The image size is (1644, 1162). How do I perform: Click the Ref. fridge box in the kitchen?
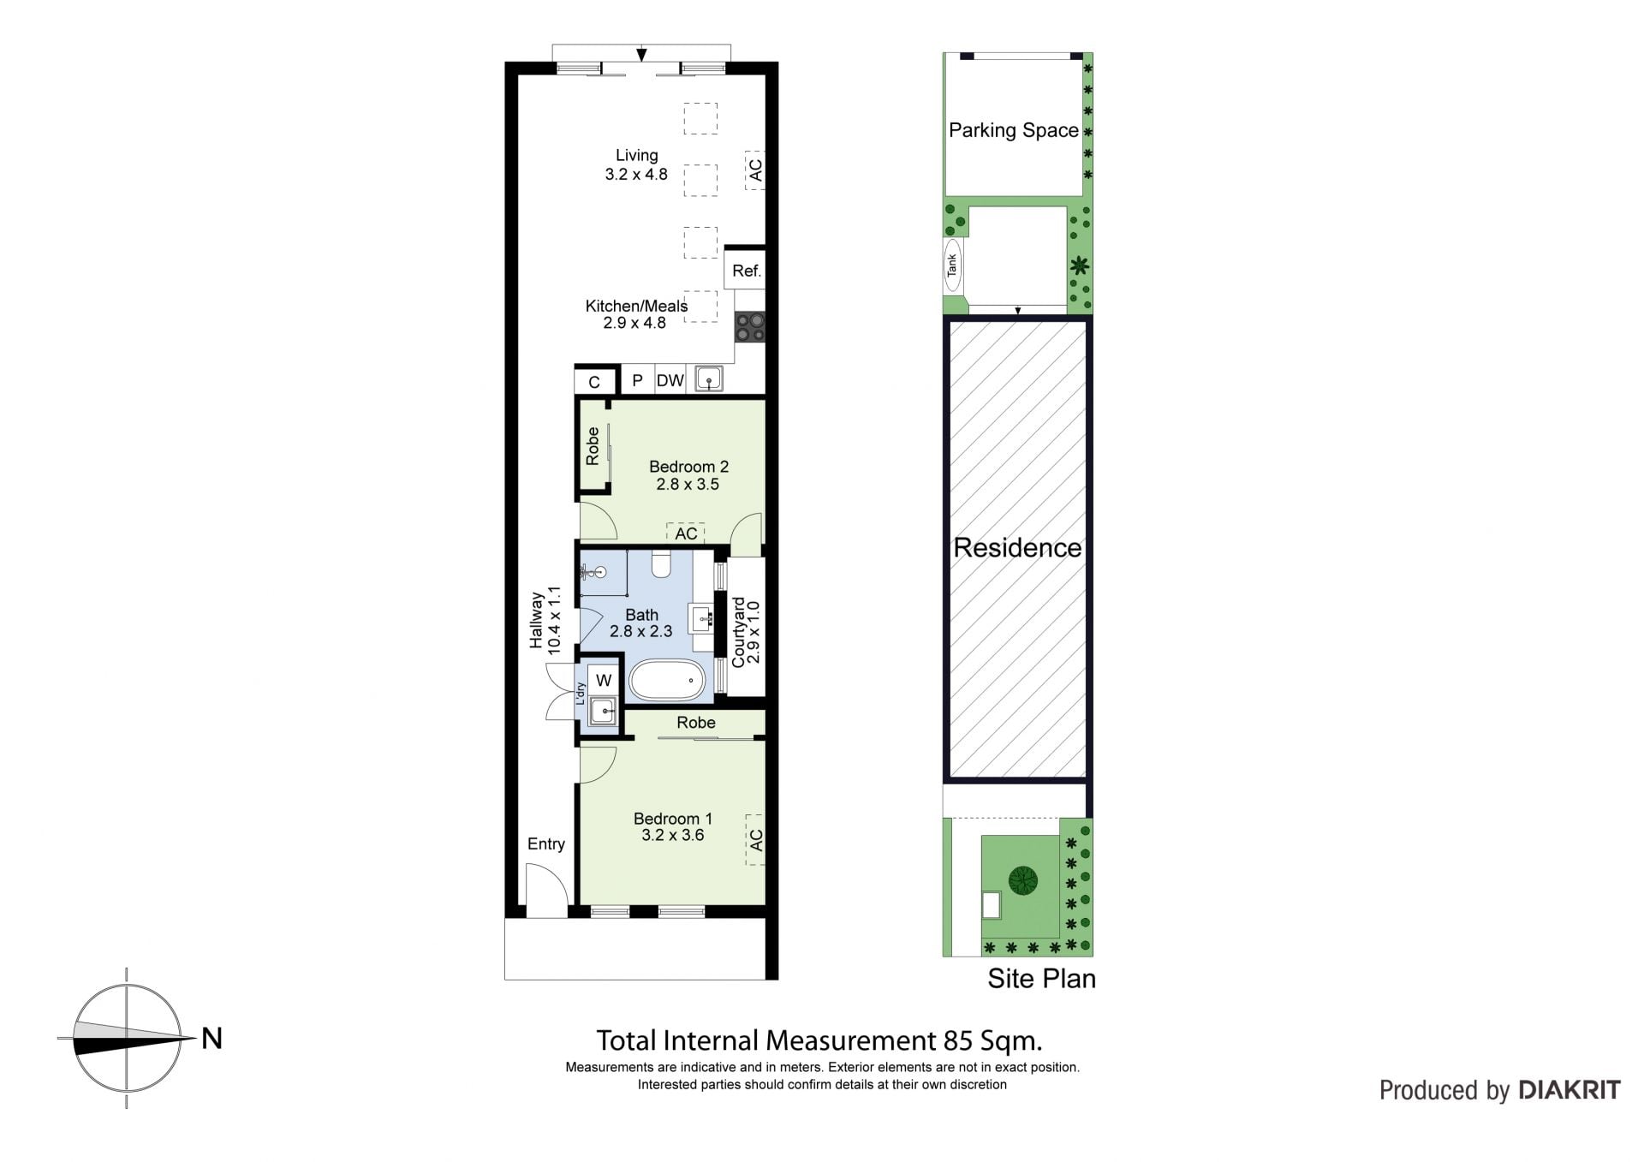coord(746,271)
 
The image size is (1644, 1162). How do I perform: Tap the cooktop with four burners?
coord(751,326)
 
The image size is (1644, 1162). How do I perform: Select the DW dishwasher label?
coord(670,380)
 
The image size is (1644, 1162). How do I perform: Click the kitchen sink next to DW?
coord(709,378)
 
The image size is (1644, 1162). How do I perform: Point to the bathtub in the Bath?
coord(667,681)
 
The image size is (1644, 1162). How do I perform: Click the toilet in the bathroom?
coord(661,563)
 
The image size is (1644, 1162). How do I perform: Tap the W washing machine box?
coord(604,680)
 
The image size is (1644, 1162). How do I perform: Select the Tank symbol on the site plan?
coord(951,265)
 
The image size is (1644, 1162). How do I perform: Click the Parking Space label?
coord(1014,130)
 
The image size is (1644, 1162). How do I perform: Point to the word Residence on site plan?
coord(1017,548)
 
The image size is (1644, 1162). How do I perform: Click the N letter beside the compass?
coord(211,1038)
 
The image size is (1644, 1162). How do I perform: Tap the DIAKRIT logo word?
coord(1570,1090)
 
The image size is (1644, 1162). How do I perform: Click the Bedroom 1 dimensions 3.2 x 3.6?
coord(672,835)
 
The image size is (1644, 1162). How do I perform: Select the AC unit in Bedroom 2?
coord(686,533)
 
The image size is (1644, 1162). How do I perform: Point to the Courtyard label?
coord(738,633)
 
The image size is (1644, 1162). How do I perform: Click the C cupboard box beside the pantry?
coord(594,382)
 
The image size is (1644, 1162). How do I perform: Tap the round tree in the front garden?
coord(1022,879)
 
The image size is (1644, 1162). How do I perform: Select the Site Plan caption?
coord(1041,978)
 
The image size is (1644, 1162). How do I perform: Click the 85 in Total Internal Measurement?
coord(958,1040)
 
